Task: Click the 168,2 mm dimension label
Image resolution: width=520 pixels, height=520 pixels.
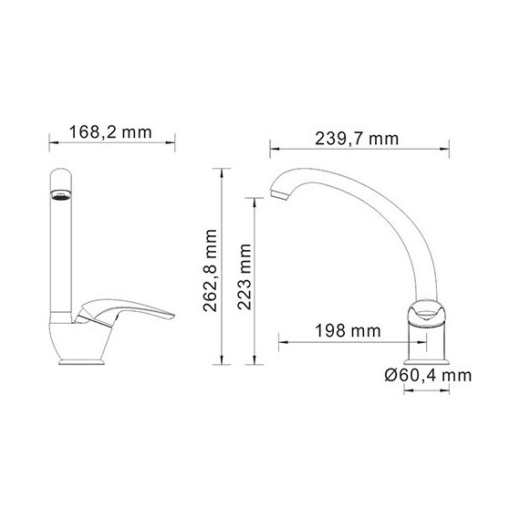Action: [x=110, y=132]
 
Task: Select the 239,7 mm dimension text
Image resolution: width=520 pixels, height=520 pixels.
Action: [x=357, y=140]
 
